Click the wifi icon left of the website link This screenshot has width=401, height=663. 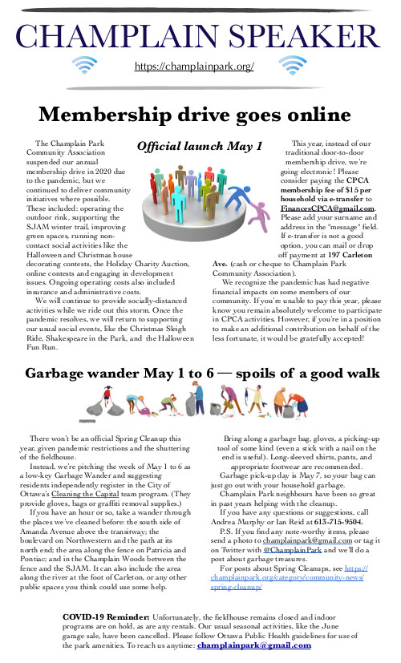point(85,64)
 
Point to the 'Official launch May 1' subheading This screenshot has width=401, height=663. point(200,147)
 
